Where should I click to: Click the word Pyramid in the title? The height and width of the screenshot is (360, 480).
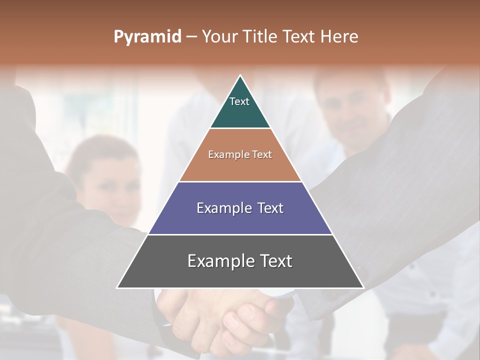147,37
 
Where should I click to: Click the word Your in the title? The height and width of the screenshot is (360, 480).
220,37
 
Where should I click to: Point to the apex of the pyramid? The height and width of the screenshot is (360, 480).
240,76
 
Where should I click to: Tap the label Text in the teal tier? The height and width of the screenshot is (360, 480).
239,101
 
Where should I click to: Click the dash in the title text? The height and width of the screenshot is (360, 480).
191,37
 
